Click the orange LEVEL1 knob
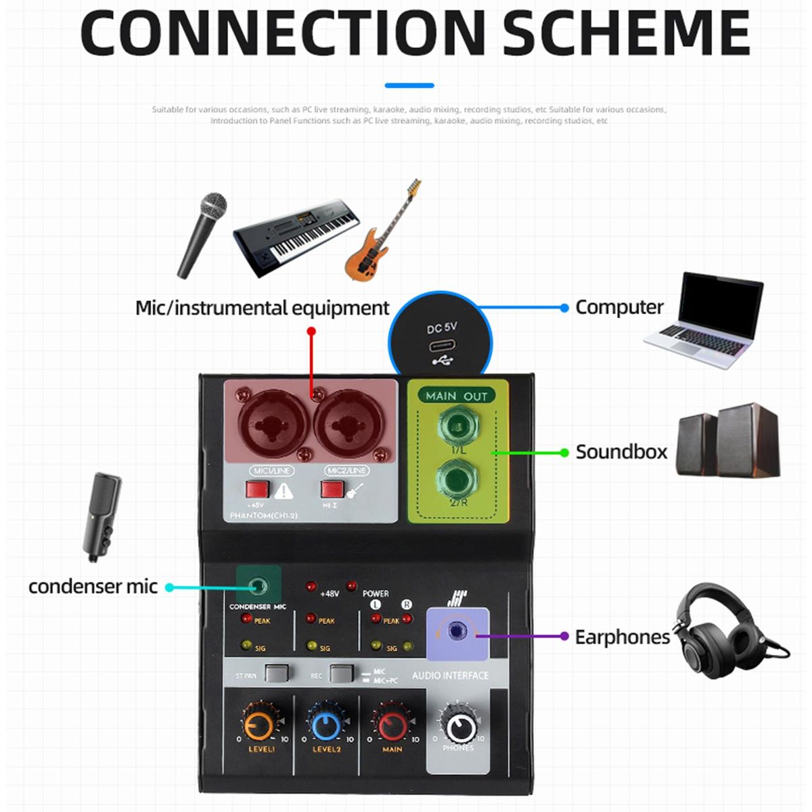click(259, 725)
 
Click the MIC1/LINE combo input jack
click(271, 424)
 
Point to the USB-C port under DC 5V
click(443, 346)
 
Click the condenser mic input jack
click(258, 586)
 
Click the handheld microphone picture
click(202, 234)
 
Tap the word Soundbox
click(621, 452)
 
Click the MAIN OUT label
click(456, 396)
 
